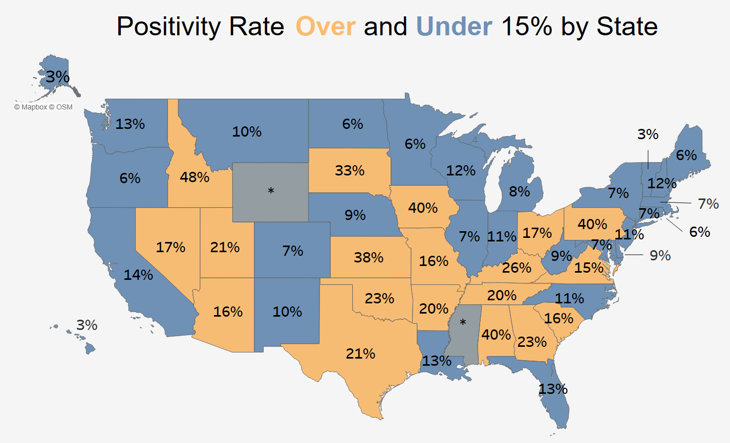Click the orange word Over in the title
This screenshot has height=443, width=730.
pos(326,26)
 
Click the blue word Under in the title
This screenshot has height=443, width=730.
pos(454,26)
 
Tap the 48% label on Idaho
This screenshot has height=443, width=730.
pos(195,178)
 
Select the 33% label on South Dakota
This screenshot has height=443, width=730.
pos(350,170)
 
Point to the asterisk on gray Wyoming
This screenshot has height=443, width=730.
pos(271,191)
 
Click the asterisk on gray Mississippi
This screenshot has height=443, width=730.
pos(463,323)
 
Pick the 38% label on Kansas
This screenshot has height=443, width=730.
pos(369,257)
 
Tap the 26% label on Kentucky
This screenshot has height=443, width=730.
pos(517,268)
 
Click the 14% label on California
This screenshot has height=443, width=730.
pos(138,275)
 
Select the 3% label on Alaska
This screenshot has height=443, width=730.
pos(57,77)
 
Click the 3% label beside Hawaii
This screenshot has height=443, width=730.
pos(87,325)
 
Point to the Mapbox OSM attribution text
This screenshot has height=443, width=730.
pos(43,107)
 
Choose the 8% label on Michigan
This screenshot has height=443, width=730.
pos(519,192)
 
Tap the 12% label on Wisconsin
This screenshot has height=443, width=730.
pos(461,170)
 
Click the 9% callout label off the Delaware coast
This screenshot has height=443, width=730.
pos(660,255)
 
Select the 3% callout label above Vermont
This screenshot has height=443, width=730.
pos(648,134)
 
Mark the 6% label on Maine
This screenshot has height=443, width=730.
pos(686,155)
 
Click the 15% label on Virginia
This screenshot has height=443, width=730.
pos(589,268)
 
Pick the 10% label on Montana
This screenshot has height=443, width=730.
pos(247,131)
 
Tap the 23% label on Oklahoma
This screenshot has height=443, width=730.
pos(379,298)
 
